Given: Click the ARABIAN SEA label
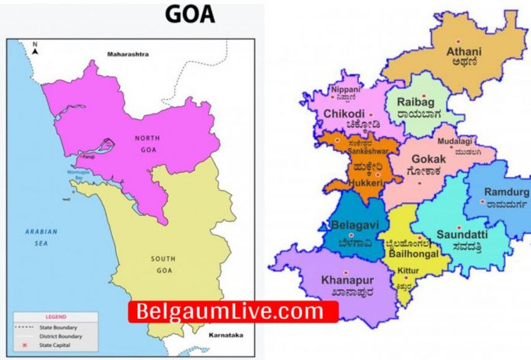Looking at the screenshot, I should click(37, 236).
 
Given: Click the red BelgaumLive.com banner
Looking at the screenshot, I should click(232, 311).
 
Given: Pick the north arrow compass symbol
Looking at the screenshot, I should click(35, 50).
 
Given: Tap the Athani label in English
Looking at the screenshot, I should click(464, 53).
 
